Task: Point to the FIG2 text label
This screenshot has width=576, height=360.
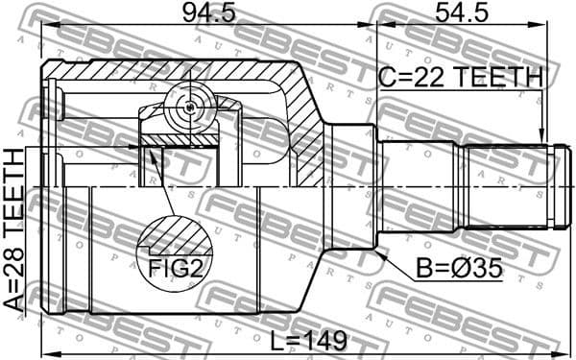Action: coord(175,268)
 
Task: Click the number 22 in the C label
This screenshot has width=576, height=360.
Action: coord(431,76)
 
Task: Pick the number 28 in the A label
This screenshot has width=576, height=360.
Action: coord(14,285)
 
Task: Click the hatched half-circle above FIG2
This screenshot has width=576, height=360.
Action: coord(174,235)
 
